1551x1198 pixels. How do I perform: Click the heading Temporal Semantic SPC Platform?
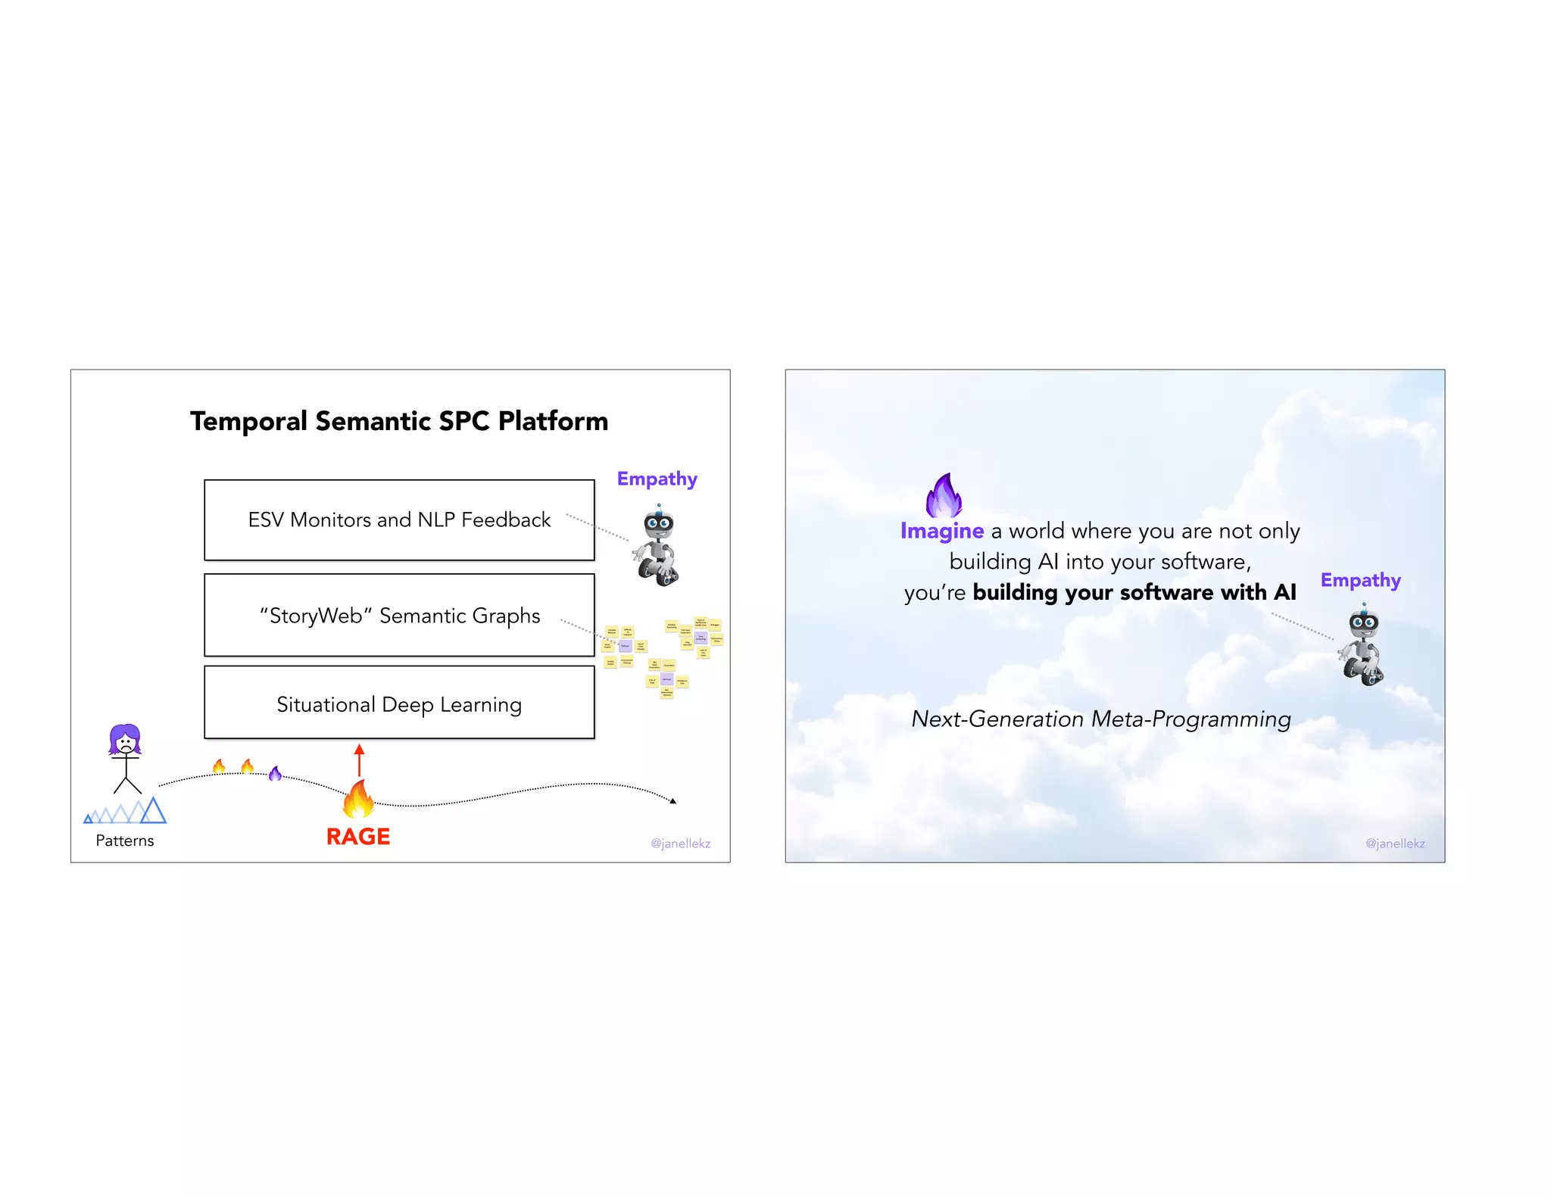pos(398,421)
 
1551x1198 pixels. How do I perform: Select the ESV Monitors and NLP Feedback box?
pos(399,520)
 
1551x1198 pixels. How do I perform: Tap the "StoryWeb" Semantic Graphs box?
pos(399,615)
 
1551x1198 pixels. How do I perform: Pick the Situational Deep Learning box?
pos(399,704)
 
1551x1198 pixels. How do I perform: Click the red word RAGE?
pos(357,837)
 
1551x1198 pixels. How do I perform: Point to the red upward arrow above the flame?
pos(359,760)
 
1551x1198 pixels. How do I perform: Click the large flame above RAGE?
pos(358,799)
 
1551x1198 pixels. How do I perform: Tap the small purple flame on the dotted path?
pos(275,773)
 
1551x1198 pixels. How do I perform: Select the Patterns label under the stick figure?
pos(125,841)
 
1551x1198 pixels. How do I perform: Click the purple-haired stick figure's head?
pos(125,740)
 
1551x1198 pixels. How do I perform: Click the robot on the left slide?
pos(657,547)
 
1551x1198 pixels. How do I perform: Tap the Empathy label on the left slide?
pos(657,479)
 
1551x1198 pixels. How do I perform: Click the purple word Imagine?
pos(941,531)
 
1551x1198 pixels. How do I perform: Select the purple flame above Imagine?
pos(944,495)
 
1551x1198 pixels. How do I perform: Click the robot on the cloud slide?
pos(1362,645)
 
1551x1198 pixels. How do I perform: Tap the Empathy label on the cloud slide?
pos(1360,581)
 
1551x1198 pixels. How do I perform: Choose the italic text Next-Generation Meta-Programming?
pos(1100,719)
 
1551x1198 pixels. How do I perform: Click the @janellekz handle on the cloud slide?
pos(1395,844)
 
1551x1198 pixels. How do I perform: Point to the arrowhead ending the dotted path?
pos(673,800)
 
